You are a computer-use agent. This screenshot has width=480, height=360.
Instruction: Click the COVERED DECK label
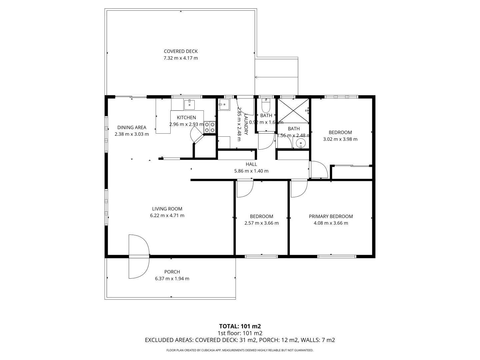pyautogui.click(x=181, y=51)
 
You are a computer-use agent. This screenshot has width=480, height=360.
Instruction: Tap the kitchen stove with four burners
pyautogui.click(x=210, y=127)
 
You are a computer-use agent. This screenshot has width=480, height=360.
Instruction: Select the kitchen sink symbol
pyautogui.click(x=189, y=104)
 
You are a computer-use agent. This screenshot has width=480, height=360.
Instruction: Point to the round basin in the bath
pyautogui.click(x=301, y=144)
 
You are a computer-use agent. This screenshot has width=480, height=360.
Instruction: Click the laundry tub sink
pyautogui.click(x=224, y=105)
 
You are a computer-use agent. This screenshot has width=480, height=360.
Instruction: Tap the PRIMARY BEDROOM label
pyautogui.click(x=331, y=216)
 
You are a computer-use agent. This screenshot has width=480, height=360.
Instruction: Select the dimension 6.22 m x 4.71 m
pyautogui.click(x=167, y=215)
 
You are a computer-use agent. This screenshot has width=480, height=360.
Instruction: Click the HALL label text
pyautogui.click(x=251, y=164)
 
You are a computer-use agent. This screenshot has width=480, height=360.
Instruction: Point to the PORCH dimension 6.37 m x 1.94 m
pyautogui.click(x=172, y=279)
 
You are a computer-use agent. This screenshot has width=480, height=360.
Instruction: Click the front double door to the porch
pyautogui.click(x=139, y=256)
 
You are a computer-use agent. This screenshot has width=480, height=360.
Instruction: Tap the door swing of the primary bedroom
pyautogui.click(x=298, y=189)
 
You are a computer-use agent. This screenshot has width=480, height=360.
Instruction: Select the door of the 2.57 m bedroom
pyautogui.click(x=245, y=189)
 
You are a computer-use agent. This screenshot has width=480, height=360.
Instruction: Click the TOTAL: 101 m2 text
pyautogui.click(x=240, y=326)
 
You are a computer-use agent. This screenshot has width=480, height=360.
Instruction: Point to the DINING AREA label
pyautogui.click(x=132, y=127)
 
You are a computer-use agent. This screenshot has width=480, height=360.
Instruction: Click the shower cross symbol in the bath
pyautogui.click(x=293, y=111)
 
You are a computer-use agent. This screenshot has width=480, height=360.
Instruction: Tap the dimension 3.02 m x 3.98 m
pyautogui.click(x=340, y=139)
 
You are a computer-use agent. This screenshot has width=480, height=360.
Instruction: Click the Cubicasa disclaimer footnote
pyautogui.click(x=240, y=350)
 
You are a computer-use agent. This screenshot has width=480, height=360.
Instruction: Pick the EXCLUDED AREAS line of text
pyautogui.click(x=240, y=340)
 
